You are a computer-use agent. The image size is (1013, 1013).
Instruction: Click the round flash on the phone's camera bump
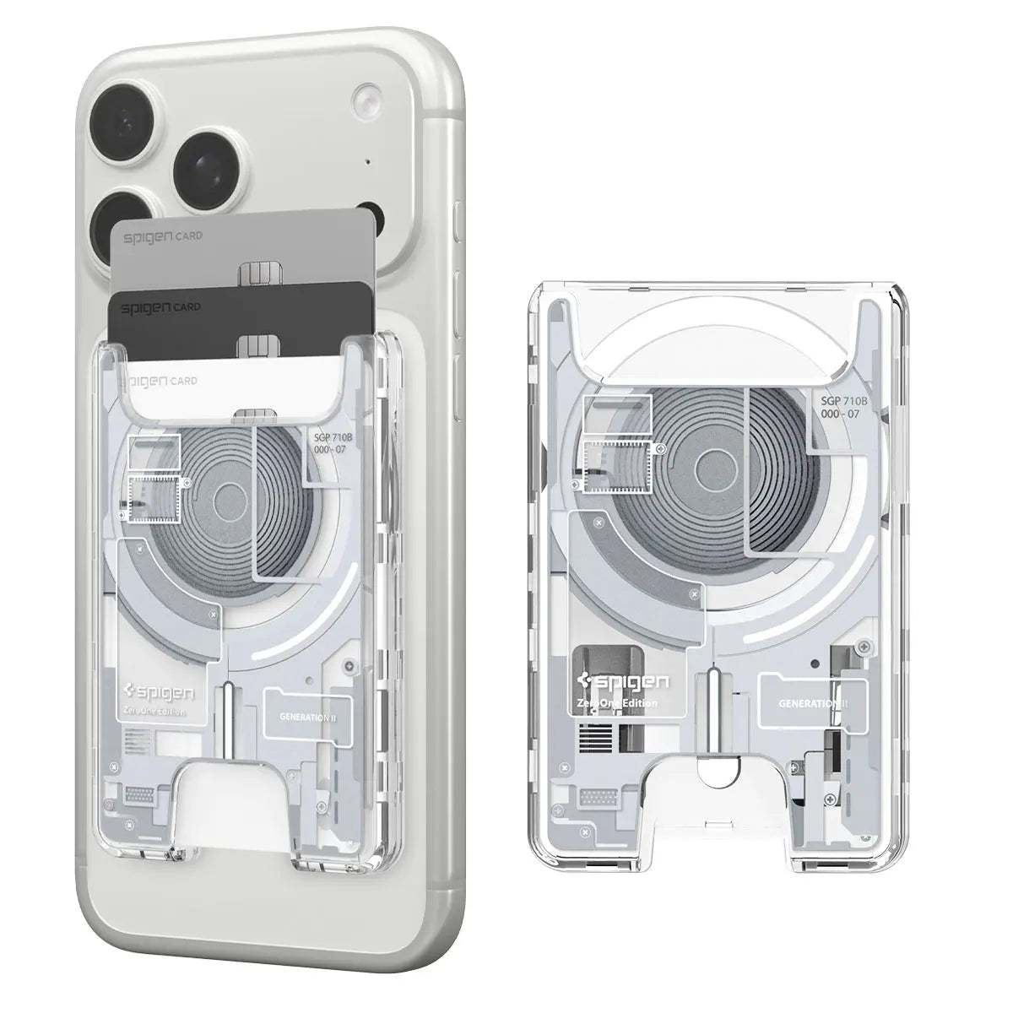click(367, 95)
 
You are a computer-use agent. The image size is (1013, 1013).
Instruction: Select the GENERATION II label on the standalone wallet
click(813, 703)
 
